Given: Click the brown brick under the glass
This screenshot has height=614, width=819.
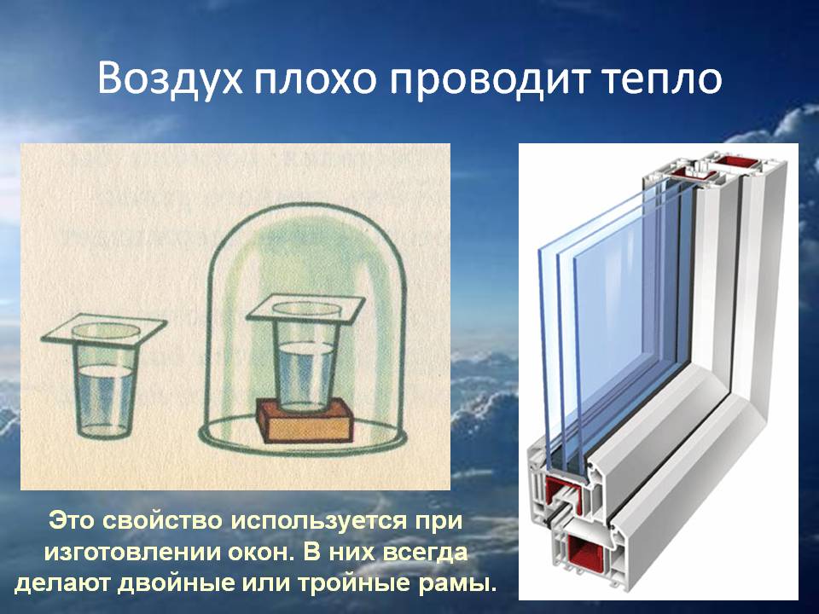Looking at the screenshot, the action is pyautogui.click(x=305, y=420).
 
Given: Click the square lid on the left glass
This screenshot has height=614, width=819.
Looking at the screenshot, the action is pyautogui.click(x=104, y=329).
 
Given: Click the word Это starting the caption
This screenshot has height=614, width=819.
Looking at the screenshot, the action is pyautogui.click(x=71, y=521).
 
